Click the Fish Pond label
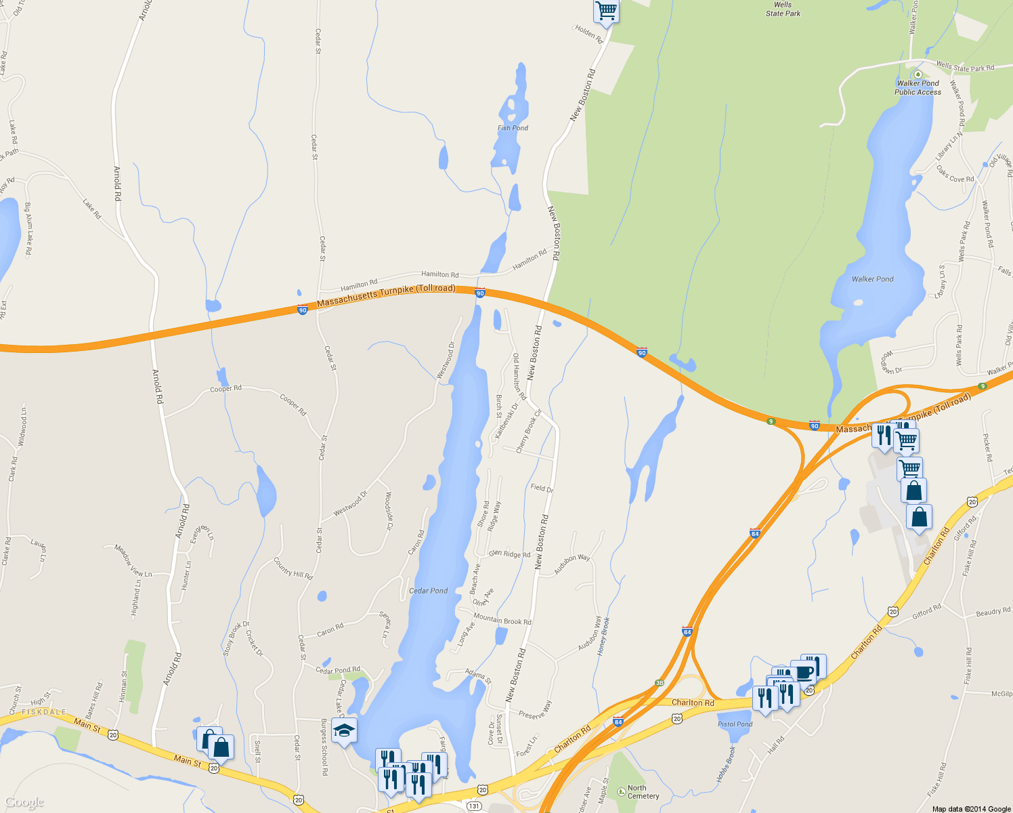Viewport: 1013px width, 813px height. tap(513, 128)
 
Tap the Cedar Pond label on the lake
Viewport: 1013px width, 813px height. tap(428, 591)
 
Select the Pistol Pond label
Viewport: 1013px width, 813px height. tap(735, 724)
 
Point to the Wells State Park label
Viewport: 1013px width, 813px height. tap(783, 9)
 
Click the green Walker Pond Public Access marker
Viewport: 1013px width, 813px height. tap(918, 75)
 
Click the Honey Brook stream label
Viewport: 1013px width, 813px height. tap(603, 635)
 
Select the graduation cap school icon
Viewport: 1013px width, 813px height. tap(344, 730)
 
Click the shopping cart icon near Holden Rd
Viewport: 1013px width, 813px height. tap(606, 10)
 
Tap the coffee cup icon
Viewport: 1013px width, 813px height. tap(804, 673)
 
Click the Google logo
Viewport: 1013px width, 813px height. tap(24, 803)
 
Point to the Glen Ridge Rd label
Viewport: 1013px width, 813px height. tap(510, 554)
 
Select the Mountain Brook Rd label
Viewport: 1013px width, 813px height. tap(502, 619)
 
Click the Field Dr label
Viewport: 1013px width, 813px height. tap(542, 488)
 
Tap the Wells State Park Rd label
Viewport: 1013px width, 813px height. tap(965, 66)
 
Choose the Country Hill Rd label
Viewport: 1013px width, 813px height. tap(293, 568)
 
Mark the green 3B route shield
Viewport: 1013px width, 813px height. tap(660, 683)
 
